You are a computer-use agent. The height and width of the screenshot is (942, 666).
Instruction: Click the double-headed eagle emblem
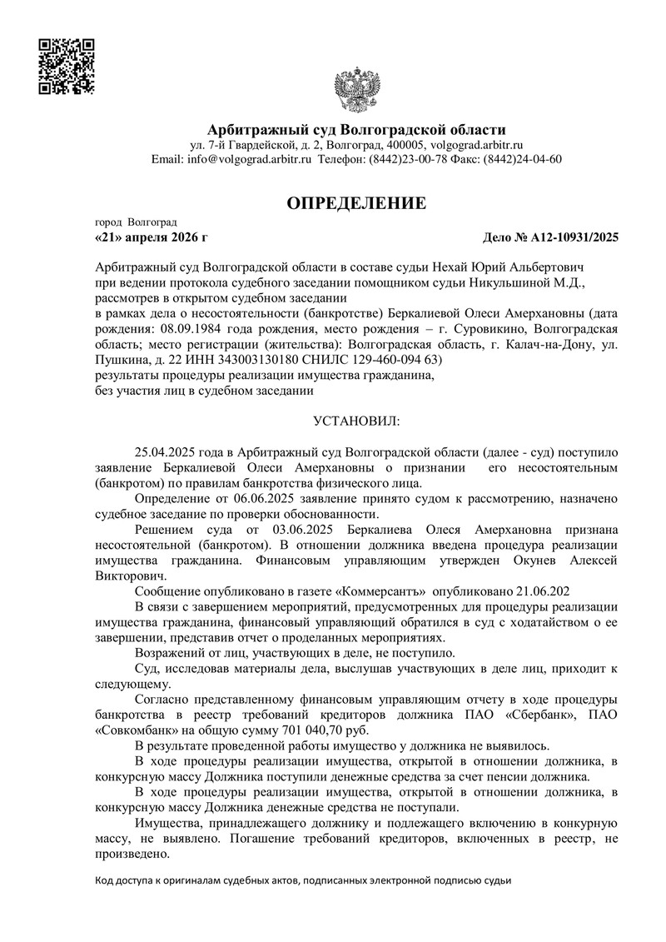pos(356,94)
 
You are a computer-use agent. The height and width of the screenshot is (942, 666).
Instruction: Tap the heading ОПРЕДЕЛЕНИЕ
pos(356,203)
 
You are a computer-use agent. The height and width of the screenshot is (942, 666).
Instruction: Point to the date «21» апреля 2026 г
pos(152,237)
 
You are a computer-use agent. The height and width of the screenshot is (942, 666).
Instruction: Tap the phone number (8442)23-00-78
pos(414,159)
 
